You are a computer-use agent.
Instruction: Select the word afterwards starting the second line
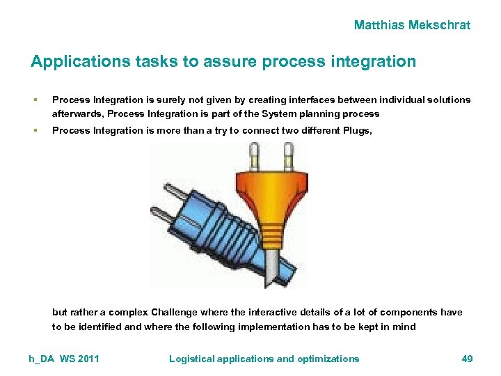point(78,113)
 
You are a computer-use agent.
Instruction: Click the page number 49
point(467,359)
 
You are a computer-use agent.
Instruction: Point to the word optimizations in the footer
point(328,359)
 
